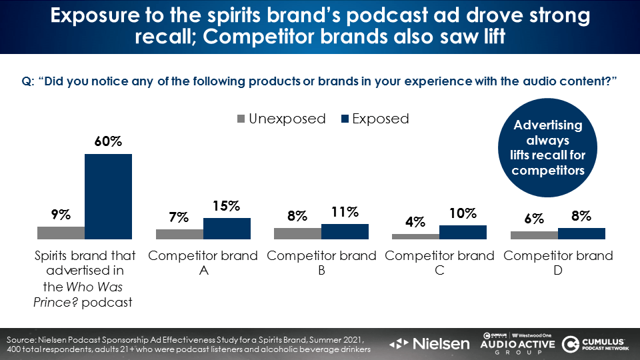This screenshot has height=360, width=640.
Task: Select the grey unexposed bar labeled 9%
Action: pyautogui.click(x=61, y=233)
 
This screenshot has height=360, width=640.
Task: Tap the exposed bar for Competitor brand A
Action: pyautogui.click(x=227, y=228)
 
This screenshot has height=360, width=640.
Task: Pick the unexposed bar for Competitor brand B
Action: pyautogui.click(x=297, y=233)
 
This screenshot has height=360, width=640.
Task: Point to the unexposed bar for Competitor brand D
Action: pyautogui.click(x=534, y=235)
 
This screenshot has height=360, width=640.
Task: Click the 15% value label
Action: pyautogui.click(x=227, y=207)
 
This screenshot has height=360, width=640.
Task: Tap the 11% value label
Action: pyautogui.click(x=345, y=213)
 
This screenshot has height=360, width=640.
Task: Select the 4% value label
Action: pyautogui.click(x=415, y=222)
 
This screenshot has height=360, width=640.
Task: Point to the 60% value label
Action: pyautogui.click(x=108, y=142)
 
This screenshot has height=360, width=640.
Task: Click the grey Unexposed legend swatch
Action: pyautogui.click(x=241, y=119)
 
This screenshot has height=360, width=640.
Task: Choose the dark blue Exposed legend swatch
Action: pyautogui.click(x=345, y=119)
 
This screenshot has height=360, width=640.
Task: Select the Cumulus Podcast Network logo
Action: pyautogui.click(x=595, y=343)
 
